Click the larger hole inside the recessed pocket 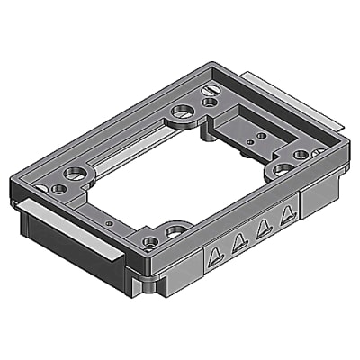pyautogui.click(x=261, y=136)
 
